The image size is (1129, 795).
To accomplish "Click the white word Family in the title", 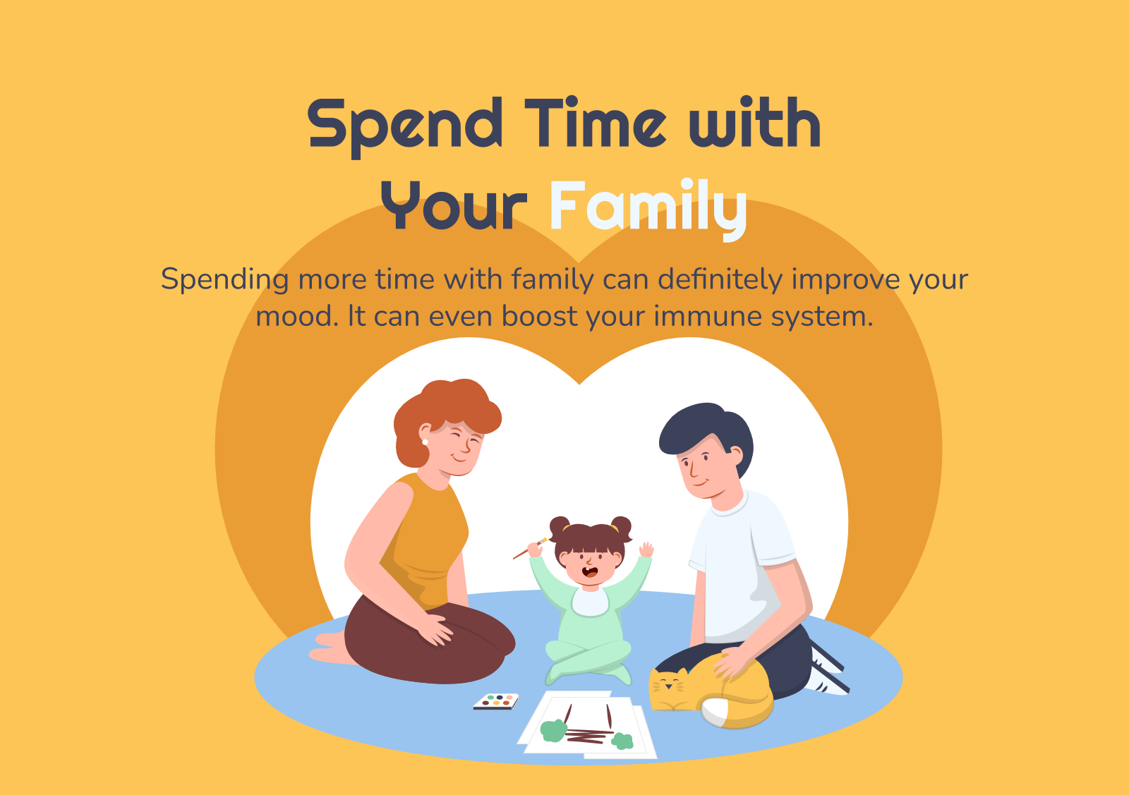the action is pyautogui.click(x=648, y=209).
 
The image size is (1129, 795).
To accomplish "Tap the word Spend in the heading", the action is pyautogui.click(x=405, y=127).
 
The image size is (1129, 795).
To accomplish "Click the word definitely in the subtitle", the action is pyautogui.click(x=720, y=279).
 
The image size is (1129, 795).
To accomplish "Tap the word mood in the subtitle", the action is pyautogui.click(x=297, y=317).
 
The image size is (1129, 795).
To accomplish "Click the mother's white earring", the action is pyautogui.click(x=425, y=442).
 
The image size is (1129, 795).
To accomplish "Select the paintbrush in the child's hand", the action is pyautogui.click(x=530, y=548).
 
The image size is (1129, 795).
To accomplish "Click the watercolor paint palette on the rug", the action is pyautogui.click(x=496, y=701).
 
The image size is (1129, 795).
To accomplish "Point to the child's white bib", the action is pyautogui.click(x=590, y=602).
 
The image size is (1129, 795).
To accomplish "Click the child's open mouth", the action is pyautogui.click(x=590, y=572).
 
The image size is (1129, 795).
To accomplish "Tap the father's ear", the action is pyautogui.click(x=737, y=456).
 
